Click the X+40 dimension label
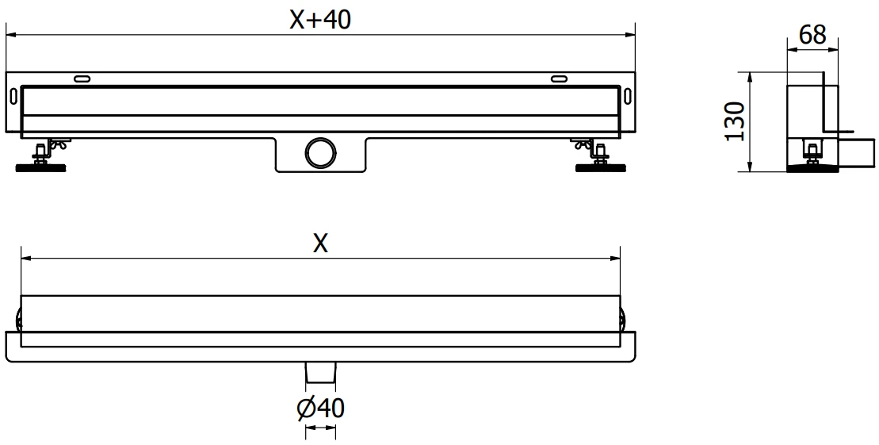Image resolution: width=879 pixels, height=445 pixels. [319, 20]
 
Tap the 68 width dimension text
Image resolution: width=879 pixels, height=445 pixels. [812, 35]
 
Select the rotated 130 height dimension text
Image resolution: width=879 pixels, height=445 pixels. [736, 121]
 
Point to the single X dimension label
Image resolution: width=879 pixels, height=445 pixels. [319, 244]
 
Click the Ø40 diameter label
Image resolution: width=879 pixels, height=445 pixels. [320, 409]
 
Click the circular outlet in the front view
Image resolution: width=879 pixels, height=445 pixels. [321, 152]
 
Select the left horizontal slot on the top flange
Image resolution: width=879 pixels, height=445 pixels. [82, 78]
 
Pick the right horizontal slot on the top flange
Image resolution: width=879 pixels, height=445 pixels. [559, 78]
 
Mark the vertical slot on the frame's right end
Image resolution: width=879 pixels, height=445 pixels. [628, 96]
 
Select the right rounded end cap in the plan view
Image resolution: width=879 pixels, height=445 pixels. [624, 320]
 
